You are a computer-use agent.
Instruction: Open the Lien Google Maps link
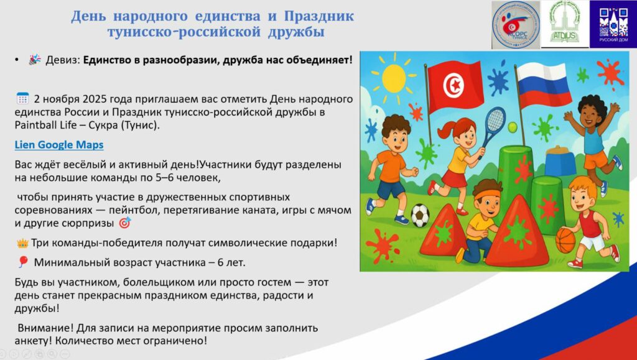[59, 145]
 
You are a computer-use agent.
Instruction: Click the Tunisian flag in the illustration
[454, 86]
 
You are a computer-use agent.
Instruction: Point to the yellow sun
[394, 79]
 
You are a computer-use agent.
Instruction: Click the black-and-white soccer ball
[420, 215]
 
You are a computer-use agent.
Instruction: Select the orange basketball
[565, 240]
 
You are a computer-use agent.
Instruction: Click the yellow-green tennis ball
[513, 127]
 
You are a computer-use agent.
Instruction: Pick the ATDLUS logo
[565, 24]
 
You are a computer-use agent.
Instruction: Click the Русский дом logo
[613, 24]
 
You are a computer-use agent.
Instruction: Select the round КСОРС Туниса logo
[516, 25]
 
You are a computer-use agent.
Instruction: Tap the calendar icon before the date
[22, 99]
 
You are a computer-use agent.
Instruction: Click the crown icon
[22, 244]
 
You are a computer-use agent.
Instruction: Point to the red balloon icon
[22, 262]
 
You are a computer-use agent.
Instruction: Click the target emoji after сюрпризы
[124, 223]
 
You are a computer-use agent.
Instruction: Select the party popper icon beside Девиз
[35, 60]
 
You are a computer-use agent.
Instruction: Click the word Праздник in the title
[319, 17]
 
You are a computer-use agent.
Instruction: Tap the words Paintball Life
[45, 125]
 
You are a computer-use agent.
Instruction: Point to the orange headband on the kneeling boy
[488, 194]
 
